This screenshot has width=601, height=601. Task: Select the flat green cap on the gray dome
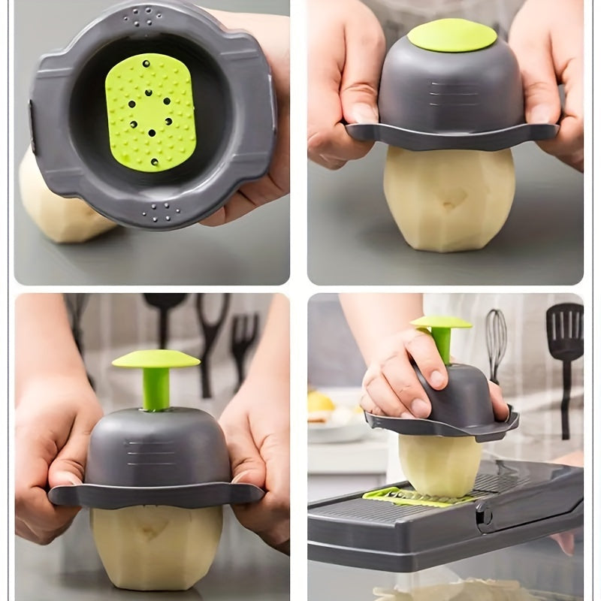pyautogui.click(x=452, y=35)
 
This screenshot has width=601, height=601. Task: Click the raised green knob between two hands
pyautogui.click(x=156, y=359)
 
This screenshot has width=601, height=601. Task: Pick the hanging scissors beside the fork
pyautogui.click(x=211, y=338)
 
